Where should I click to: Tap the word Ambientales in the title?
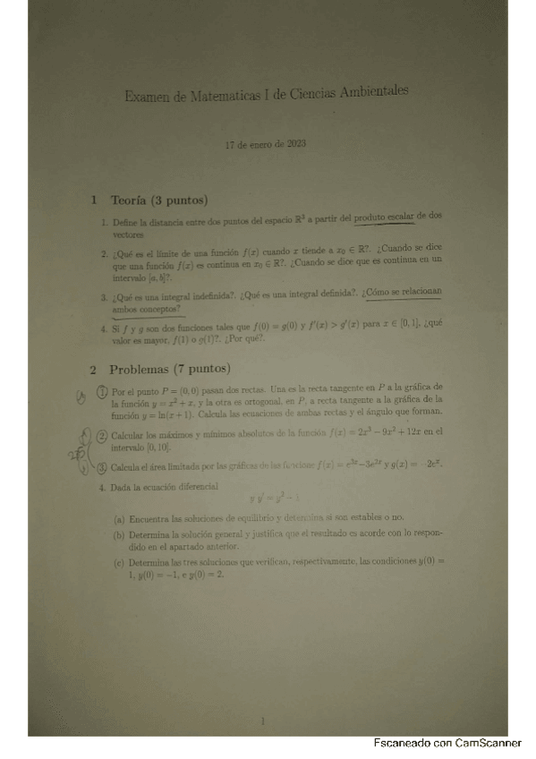click(368, 90)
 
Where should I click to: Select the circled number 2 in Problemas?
click(102, 435)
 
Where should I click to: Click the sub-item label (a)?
click(119, 519)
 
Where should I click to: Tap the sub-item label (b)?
click(119, 536)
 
